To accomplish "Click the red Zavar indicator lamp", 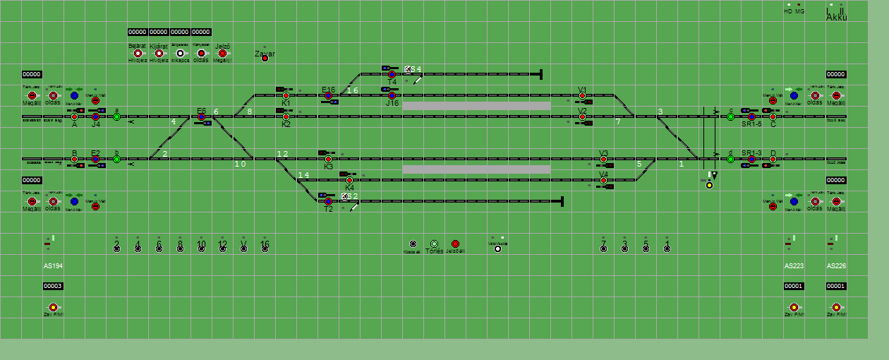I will click(x=265, y=58).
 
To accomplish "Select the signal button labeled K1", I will click(x=286, y=95).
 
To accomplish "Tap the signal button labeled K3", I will click(x=328, y=159).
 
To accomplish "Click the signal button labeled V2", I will click(x=583, y=116).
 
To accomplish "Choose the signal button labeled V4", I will click(x=604, y=180).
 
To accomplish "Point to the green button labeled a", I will click(x=116, y=117).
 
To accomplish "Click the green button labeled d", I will click(x=730, y=159).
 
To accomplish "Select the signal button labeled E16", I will click(x=328, y=95).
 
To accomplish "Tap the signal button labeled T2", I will click(x=328, y=201).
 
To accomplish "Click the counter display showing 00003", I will click(x=53, y=286).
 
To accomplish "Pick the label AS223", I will click(x=794, y=266).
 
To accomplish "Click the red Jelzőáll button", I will click(x=455, y=244).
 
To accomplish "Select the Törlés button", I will click(x=434, y=244).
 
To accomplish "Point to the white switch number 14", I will click(x=303, y=175).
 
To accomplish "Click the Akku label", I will click(x=836, y=17).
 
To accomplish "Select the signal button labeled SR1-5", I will click(x=751, y=116).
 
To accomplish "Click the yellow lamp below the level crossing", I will click(x=709, y=185).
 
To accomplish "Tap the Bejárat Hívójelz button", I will click(x=138, y=53).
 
